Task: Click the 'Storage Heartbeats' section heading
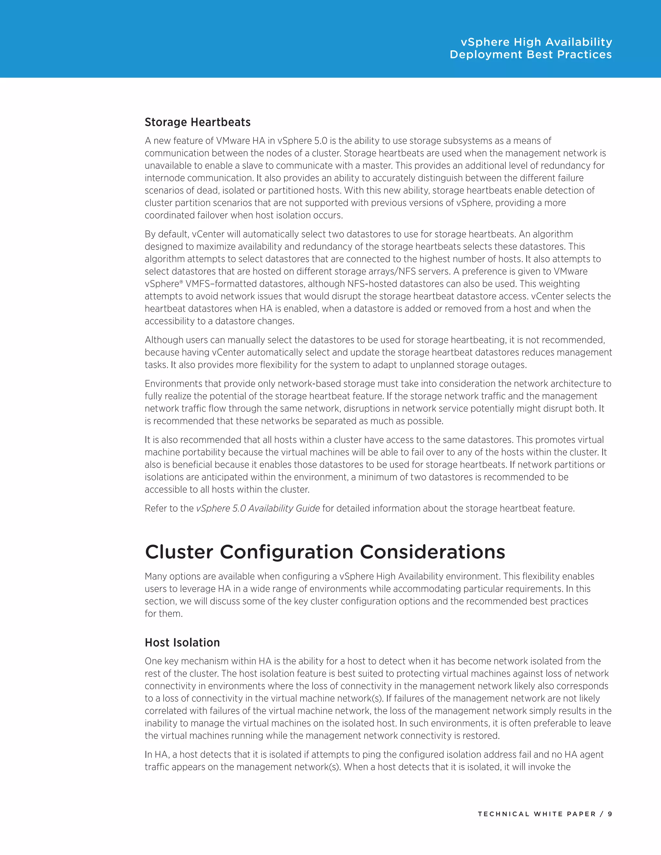click(x=197, y=122)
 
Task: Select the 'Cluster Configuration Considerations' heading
click(x=325, y=552)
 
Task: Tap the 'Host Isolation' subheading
click(x=182, y=642)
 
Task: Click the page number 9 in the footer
click(x=610, y=814)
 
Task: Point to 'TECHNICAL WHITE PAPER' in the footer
click(x=537, y=814)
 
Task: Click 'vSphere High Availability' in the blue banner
click(x=536, y=42)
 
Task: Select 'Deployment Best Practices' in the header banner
click(x=531, y=55)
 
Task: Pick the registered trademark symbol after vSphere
click(x=181, y=282)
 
